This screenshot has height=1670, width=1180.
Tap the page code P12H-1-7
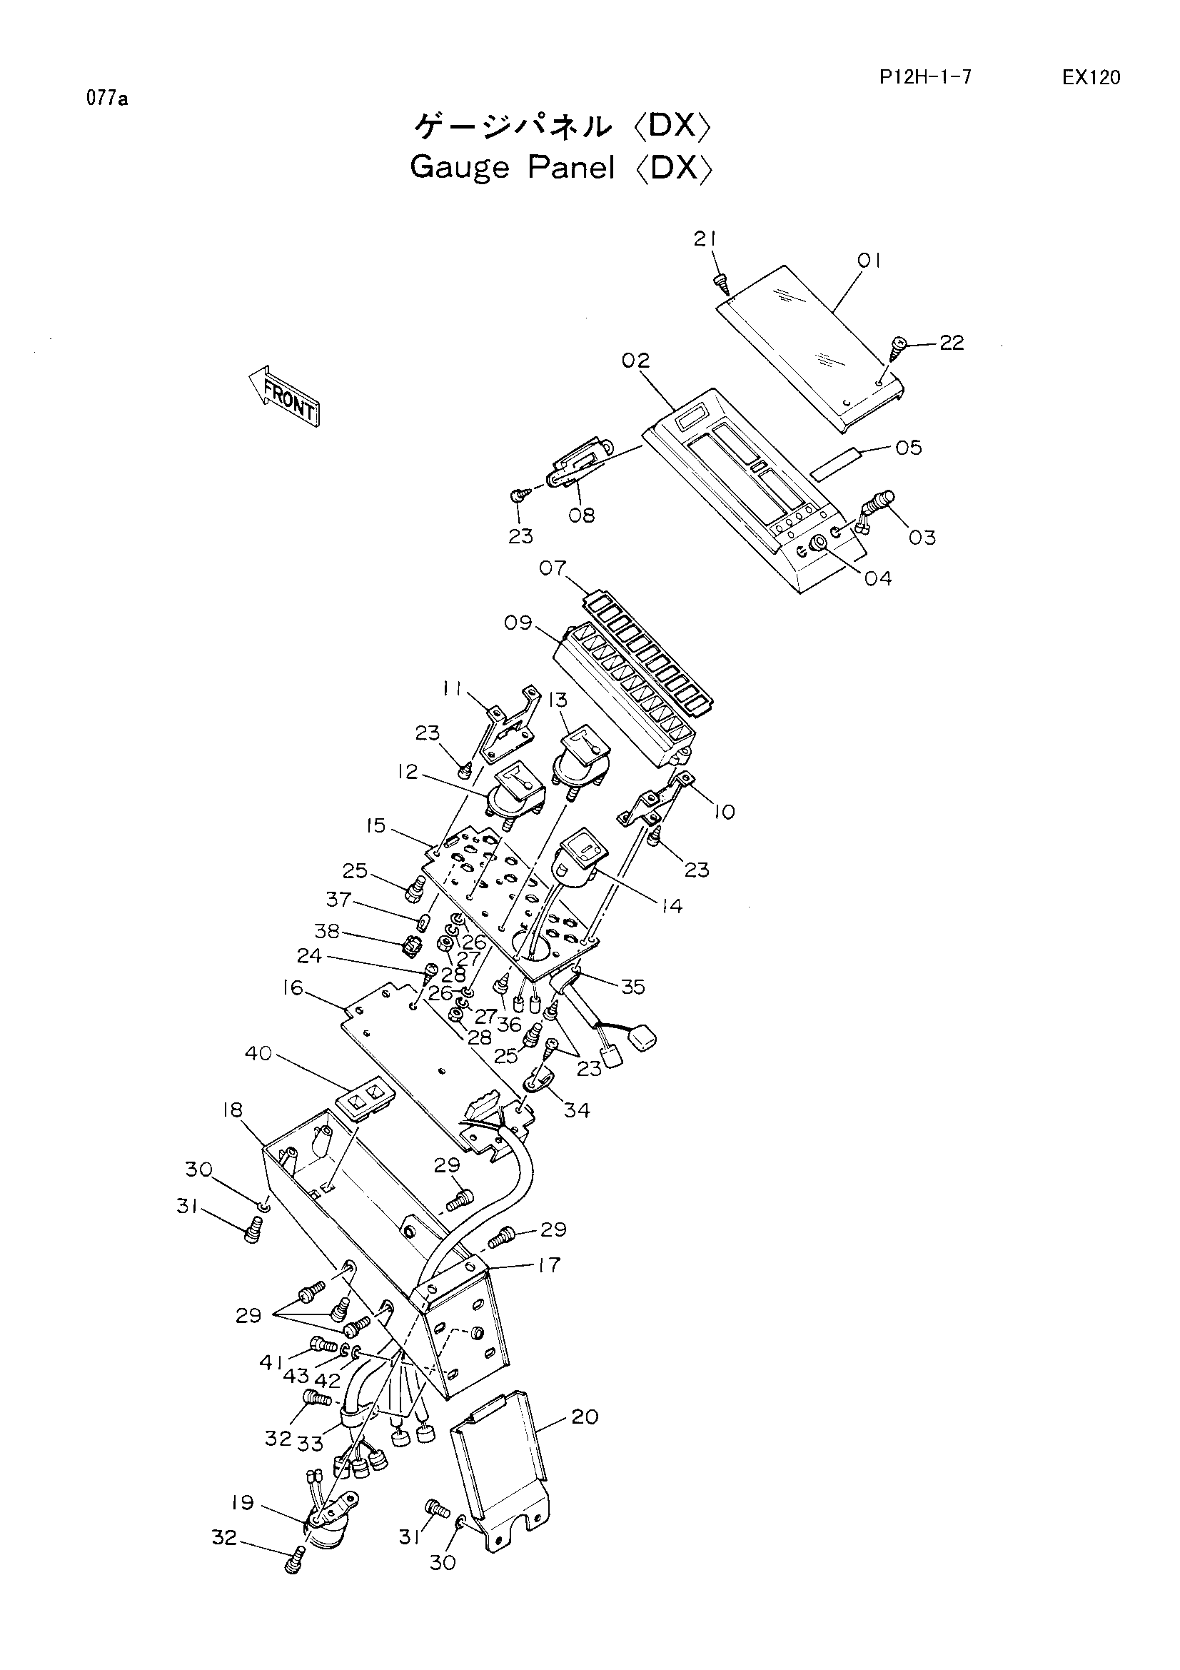[925, 78]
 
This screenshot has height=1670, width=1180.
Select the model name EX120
[1091, 78]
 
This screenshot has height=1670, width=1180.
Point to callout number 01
[868, 261]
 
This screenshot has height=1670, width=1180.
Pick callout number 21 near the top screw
[705, 238]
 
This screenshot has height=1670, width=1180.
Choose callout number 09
[518, 623]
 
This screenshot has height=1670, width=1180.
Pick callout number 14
[671, 905]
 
